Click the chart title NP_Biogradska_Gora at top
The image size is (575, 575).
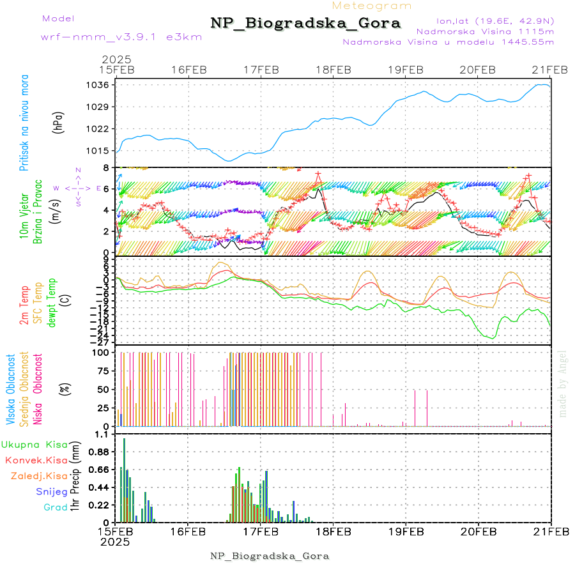tap(305, 24)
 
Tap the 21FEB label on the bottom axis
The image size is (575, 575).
tap(551, 531)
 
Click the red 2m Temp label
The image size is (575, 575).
tap(24, 305)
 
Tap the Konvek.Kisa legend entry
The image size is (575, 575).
tap(36, 460)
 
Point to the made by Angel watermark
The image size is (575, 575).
tap(563, 383)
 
